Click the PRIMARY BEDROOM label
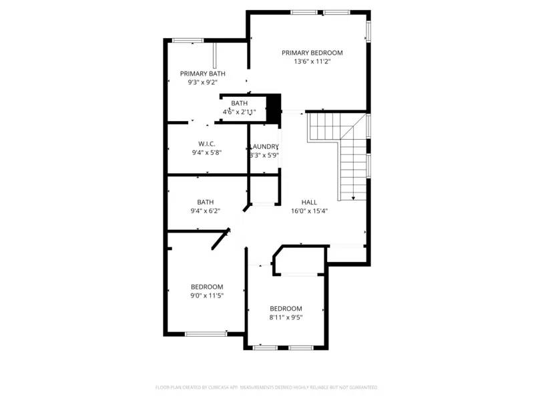pyautogui.click(x=312, y=53)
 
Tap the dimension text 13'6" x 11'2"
pyautogui.click(x=312, y=61)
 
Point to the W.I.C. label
pyautogui.click(x=206, y=144)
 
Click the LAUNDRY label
pyautogui.click(x=264, y=146)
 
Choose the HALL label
pyautogui.click(x=309, y=202)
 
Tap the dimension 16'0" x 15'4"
pyautogui.click(x=309, y=211)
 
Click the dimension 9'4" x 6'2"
pyautogui.click(x=205, y=211)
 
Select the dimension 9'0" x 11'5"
pyautogui.click(x=206, y=295)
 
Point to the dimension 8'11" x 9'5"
pyautogui.click(x=286, y=317)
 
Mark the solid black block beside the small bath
pyautogui.click(x=272, y=108)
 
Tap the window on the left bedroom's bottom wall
pyautogui.click(x=205, y=333)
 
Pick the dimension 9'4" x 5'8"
pyautogui.click(x=206, y=152)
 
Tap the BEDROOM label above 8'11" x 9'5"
pyautogui.click(x=286, y=309)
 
